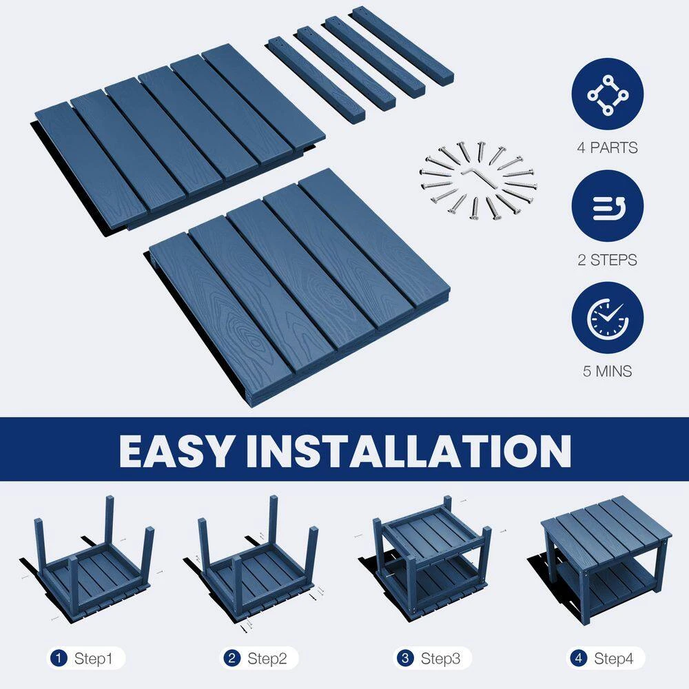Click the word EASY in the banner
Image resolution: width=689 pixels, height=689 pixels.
click(175, 451)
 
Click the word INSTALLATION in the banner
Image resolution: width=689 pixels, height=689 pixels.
click(408, 451)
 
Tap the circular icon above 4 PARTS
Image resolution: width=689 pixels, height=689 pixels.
click(607, 94)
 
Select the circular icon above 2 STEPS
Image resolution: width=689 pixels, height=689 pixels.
click(607, 206)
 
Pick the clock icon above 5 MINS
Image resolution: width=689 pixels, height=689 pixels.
click(607, 318)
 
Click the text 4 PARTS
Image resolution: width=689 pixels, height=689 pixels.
click(607, 147)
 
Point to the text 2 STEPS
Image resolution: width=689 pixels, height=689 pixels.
click(607, 260)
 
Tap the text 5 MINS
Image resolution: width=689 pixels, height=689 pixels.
click(607, 371)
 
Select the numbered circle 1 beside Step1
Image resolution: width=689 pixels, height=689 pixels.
click(59, 658)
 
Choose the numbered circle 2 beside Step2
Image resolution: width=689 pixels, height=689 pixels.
click(232, 658)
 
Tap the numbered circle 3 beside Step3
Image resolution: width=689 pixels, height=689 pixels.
click(405, 658)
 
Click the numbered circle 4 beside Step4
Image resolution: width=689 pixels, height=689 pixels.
click(578, 658)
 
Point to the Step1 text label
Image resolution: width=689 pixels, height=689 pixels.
click(93, 658)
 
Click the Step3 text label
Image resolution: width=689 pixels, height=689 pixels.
click(440, 658)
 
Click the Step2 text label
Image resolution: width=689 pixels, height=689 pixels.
click(267, 658)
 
